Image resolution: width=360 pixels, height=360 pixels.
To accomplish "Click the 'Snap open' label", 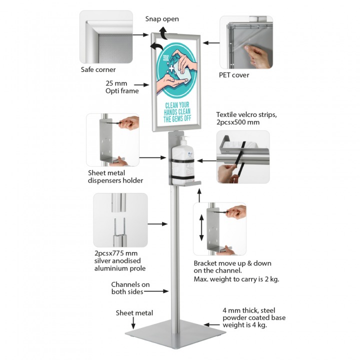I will (162, 19).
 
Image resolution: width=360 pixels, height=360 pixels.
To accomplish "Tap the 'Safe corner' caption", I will (98, 69).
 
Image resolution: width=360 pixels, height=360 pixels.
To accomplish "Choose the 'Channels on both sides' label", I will (130, 288).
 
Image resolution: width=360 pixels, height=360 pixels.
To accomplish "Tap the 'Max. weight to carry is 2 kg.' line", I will (236, 278).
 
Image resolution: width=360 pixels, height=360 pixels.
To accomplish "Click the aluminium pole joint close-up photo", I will (120, 220).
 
